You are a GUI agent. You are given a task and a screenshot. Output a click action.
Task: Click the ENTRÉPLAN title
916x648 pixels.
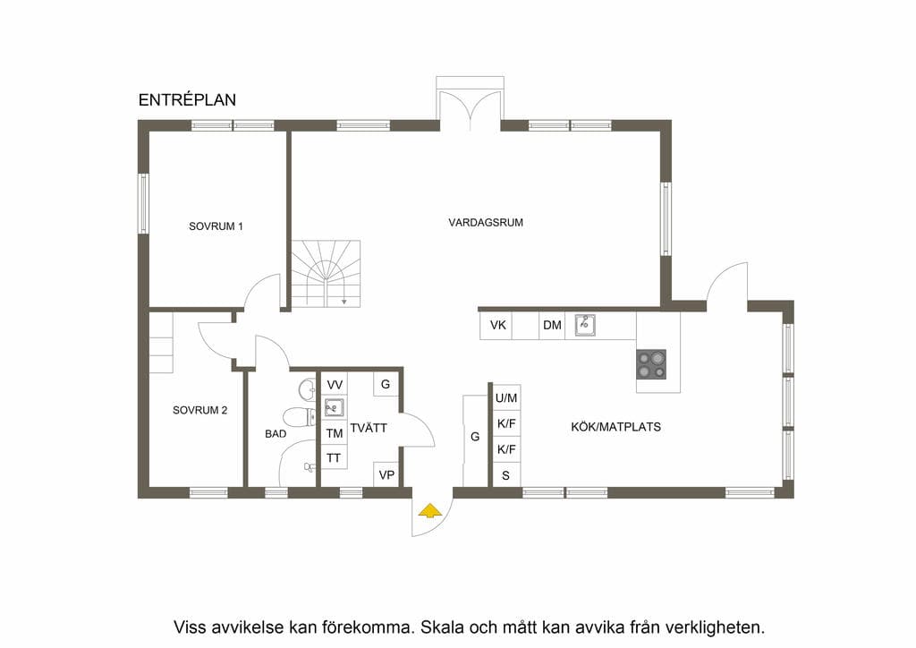tap(187, 100)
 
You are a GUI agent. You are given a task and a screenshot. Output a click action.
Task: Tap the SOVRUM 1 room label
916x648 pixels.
tap(216, 226)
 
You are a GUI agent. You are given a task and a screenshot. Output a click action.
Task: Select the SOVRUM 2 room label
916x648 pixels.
tap(199, 410)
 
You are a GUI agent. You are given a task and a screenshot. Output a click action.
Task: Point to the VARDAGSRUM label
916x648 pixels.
tap(486, 223)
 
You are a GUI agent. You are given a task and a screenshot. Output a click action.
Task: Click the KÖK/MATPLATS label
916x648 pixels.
tap(615, 427)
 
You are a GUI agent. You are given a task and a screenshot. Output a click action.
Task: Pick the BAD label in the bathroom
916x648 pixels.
tap(276, 433)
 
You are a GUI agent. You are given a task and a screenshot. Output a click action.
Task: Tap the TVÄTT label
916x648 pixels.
tap(368, 428)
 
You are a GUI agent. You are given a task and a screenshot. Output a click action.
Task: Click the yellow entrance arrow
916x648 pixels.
tap(430, 511)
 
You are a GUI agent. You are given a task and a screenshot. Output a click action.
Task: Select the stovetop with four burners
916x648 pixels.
tap(651, 364)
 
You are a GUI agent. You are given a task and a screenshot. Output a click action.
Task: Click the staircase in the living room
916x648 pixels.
tap(326, 274)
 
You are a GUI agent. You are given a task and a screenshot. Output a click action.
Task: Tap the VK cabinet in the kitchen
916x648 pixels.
tap(497, 326)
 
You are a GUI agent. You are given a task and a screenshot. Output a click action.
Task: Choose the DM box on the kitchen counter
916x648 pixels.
tap(552, 326)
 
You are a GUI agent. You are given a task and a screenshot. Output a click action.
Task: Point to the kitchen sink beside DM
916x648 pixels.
tap(585, 325)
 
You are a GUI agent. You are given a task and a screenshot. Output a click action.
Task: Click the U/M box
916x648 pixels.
tap(506, 398)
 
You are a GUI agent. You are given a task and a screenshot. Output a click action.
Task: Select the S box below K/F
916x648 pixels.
tap(506, 475)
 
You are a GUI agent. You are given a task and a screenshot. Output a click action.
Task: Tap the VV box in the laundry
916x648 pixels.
tap(335, 385)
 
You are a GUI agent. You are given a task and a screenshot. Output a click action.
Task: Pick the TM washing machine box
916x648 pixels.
tap(335, 433)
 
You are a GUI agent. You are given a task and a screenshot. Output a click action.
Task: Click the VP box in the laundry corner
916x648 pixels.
tap(386, 475)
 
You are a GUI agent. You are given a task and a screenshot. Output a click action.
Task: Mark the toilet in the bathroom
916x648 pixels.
tap(299, 417)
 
